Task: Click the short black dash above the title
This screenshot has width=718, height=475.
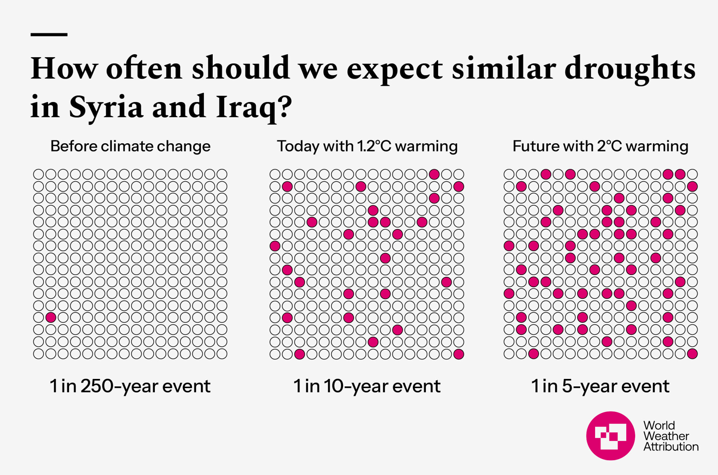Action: [x=49, y=35]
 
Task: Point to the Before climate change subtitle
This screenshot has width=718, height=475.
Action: [x=130, y=146]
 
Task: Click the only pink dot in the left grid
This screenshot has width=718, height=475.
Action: [x=51, y=318]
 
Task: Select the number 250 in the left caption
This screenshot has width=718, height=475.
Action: [x=97, y=386]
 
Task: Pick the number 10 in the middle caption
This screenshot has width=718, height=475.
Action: [x=334, y=386]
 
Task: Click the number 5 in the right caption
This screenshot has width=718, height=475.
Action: [x=567, y=386]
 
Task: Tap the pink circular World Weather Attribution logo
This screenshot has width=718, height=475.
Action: [x=610, y=436]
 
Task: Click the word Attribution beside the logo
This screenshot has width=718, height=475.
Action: [x=671, y=447]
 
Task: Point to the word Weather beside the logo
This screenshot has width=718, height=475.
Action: [x=666, y=436]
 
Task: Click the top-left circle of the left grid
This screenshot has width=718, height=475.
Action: [x=39, y=174]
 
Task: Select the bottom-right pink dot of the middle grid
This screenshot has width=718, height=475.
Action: [x=459, y=354]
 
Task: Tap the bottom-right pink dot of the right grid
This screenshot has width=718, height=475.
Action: [x=692, y=354]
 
